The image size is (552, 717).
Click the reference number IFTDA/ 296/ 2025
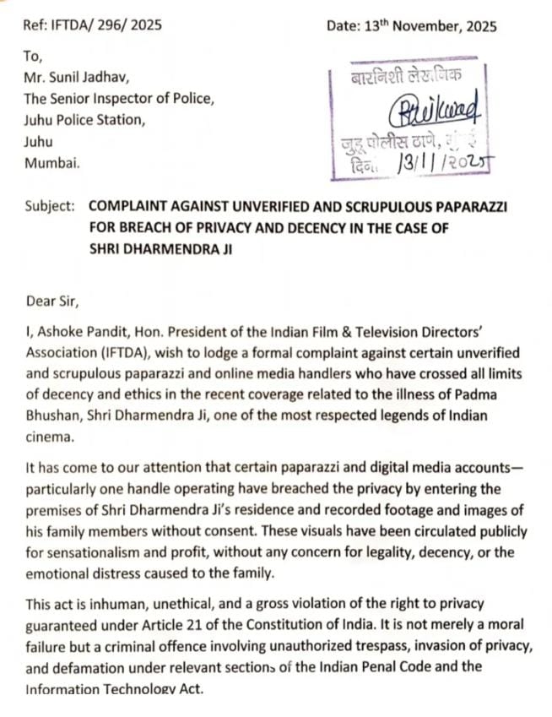106,25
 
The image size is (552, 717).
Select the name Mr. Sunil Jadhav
77,78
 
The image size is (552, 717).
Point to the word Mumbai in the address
53,164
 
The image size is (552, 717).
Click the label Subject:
50,206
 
